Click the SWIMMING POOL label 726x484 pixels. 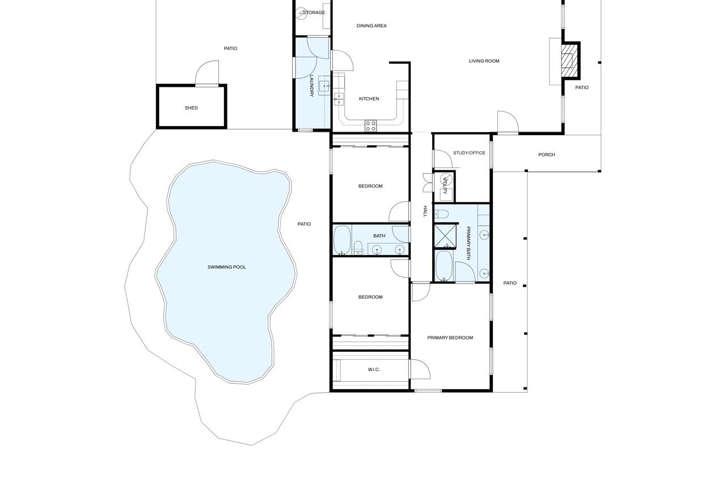[x=227, y=267]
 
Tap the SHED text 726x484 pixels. [x=192, y=108]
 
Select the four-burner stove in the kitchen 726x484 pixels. [x=370, y=126]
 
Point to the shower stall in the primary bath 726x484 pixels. [x=445, y=237]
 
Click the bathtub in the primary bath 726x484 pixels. [x=444, y=266]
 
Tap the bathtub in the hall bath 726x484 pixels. [x=341, y=240]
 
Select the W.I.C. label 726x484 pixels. [x=374, y=370]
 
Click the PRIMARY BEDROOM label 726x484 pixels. [x=450, y=338]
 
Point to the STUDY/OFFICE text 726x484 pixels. [x=469, y=153]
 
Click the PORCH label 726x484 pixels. [x=547, y=155]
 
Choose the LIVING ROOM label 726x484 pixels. [x=484, y=61]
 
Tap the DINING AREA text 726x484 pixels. [x=372, y=26]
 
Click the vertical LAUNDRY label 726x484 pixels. [x=311, y=86]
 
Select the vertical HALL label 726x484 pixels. [x=424, y=212]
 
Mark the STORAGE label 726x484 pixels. [x=314, y=12]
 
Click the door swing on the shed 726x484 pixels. [x=207, y=74]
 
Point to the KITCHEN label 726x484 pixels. [x=369, y=99]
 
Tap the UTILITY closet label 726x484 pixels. [x=446, y=185]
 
